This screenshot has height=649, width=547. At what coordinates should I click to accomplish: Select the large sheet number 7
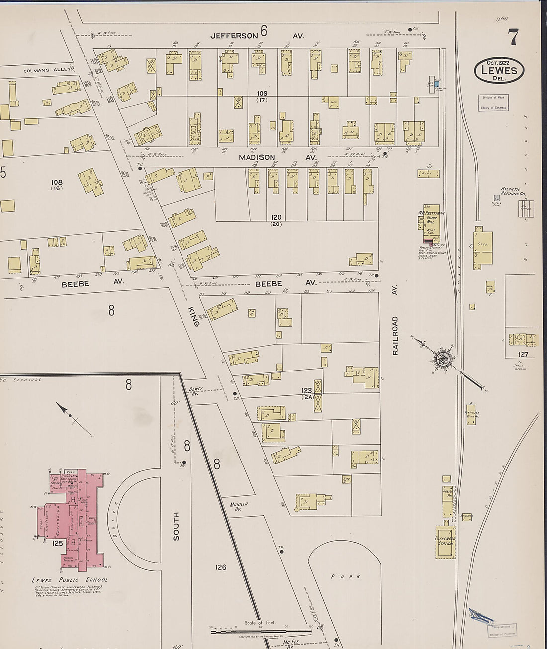[513, 38]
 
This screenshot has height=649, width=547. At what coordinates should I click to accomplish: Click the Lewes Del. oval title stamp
[499, 70]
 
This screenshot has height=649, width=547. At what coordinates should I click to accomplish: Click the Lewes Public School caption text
[70, 580]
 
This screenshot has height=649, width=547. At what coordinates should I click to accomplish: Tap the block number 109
[262, 93]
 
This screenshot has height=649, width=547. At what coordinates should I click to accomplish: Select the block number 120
[276, 218]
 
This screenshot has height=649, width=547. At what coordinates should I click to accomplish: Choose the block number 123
[306, 391]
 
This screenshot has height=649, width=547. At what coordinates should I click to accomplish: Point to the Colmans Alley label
[44, 71]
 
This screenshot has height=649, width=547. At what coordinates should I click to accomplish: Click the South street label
[176, 526]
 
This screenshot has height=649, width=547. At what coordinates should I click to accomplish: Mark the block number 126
[221, 567]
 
